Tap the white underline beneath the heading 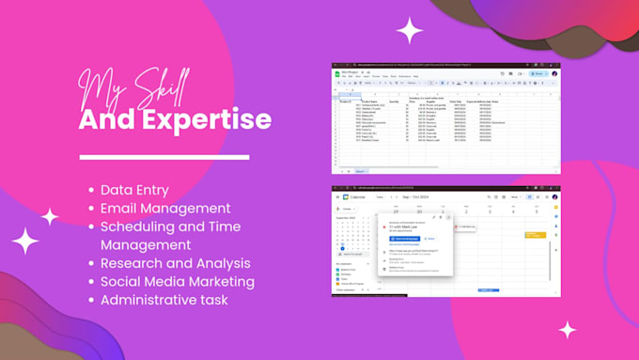click(x=164, y=157)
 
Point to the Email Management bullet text click(x=165, y=208)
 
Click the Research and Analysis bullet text click(x=176, y=263)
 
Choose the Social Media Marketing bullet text click(x=178, y=281)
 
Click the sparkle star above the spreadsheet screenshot click(x=409, y=31)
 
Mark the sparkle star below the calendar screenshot click(x=568, y=330)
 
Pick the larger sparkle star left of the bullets click(x=25, y=242)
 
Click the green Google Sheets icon click(x=336, y=71)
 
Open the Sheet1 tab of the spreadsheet click(x=360, y=171)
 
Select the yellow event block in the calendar click(x=535, y=234)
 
